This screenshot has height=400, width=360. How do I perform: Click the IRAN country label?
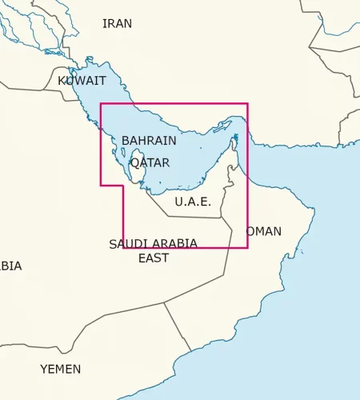pos(117,23)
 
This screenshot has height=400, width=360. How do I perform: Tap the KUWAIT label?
pos(82,81)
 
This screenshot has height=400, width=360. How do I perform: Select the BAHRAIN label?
pos(149,141)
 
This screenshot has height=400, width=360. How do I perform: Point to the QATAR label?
pos(150,162)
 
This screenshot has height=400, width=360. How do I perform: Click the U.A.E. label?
pos(193,202)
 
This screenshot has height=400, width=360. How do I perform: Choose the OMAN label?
pos(263,231)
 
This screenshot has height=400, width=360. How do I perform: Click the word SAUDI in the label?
pos(128,244)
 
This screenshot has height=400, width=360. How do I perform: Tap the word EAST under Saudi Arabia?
pos(154,258)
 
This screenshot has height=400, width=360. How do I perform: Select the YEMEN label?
pos(61,369)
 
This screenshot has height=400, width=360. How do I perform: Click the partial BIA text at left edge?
pos(10,266)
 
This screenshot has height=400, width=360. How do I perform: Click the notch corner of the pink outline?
pos(122,186)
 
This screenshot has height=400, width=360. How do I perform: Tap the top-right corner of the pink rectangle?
pos(247,104)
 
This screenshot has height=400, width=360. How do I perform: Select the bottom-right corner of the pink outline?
pos(247,247)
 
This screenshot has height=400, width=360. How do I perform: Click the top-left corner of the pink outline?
pos(100,104)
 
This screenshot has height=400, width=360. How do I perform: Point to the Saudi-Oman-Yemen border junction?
pos(165,303)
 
